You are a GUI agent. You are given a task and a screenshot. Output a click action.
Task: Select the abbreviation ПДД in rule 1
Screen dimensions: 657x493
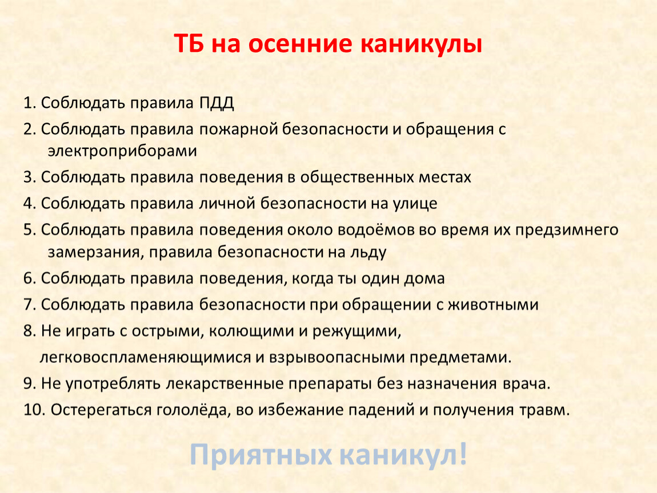pyautogui.click(x=216, y=103)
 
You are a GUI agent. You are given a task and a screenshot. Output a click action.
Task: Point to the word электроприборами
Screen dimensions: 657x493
pyautogui.click(x=122, y=151)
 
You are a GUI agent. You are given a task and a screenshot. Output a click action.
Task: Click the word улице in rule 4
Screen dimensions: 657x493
pyautogui.click(x=415, y=204)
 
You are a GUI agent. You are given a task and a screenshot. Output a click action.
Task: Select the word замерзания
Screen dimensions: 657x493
pyautogui.click(x=95, y=252)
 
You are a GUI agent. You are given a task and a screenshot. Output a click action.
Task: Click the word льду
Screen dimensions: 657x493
pyautogui.click(x=369, y=253)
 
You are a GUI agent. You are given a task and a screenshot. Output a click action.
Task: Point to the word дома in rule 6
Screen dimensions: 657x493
pyautogui.click(x=424, y=278)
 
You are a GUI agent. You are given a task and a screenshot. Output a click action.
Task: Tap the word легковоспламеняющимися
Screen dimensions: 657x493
pyautogui.click(x=145, y=358)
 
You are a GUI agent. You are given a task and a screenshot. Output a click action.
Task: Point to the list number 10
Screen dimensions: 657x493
pyautogui.click(x=34, y=410)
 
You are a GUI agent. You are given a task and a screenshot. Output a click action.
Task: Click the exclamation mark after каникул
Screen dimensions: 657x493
pyautogui.click(x=463, y=454)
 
